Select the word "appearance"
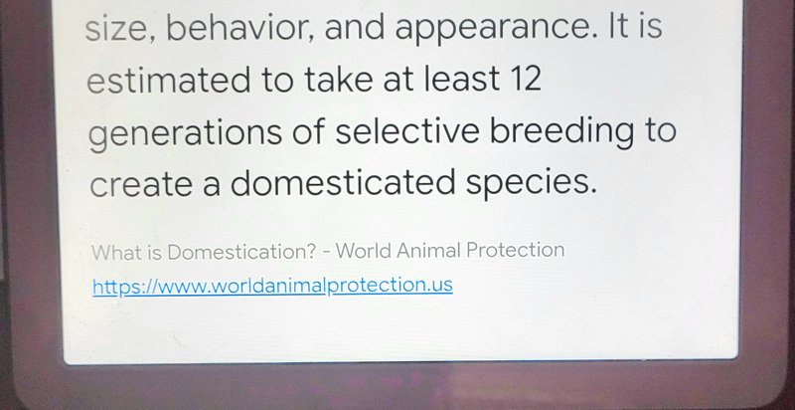pos(493,30)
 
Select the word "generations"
pos(185,133)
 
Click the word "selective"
pos(407,129)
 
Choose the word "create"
pos(141,183)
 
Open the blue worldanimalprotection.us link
pos(272,287)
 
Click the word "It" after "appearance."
pos(617,27)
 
